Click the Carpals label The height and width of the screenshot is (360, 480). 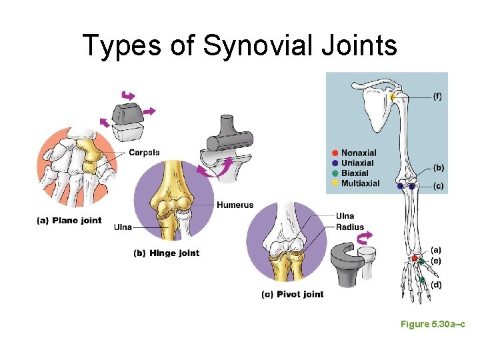click(144, 153)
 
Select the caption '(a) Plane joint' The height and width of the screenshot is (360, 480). click(69, 221)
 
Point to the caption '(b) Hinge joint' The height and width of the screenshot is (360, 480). click(166, 253)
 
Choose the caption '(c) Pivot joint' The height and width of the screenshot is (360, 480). click(292, 294)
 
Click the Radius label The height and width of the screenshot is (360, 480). click(350, 227)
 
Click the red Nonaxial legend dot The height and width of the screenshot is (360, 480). click(335, 153)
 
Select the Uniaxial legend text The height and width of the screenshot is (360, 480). click(357, 163)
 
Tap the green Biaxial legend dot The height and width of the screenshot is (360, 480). click(335, 173)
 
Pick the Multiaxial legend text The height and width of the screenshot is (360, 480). click(360, 183)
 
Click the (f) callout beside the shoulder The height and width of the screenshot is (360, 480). click(437, 96)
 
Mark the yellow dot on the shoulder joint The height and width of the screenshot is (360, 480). click(393, 97)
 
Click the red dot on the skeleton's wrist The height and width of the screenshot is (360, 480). click(414, 258)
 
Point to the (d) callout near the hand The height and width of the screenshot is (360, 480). click(436, 285)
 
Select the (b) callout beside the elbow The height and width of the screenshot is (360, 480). click(438, 167)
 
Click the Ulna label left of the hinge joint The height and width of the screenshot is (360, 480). click(123, 227)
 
